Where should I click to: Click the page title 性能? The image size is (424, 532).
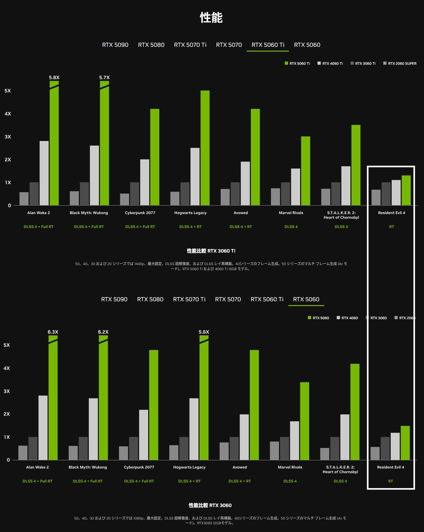point(212,18)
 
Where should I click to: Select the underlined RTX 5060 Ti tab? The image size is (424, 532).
point(267,45)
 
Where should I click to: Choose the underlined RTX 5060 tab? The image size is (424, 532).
point(306,299)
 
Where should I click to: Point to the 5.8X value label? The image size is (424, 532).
point(54,78)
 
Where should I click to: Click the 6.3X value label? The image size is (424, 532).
point(53,332)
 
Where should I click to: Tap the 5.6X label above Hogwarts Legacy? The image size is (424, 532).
point(204,332)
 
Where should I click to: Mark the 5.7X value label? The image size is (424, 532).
point(104,78)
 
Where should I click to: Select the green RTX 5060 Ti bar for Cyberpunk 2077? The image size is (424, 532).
point(155,157)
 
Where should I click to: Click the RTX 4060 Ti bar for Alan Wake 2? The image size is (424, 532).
point(44,173)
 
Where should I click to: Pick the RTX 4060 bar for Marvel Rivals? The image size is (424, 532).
point(294,440)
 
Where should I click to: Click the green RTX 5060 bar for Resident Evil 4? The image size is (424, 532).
point(405,443)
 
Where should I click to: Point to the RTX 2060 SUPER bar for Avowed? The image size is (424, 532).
point(225,197)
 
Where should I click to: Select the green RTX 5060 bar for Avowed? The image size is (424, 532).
point(254,405)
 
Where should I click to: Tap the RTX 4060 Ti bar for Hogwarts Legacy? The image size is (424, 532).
point(195,176)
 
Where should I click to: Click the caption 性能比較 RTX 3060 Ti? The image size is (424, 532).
point(211,251)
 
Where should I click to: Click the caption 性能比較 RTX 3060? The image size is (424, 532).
point(210,505)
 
